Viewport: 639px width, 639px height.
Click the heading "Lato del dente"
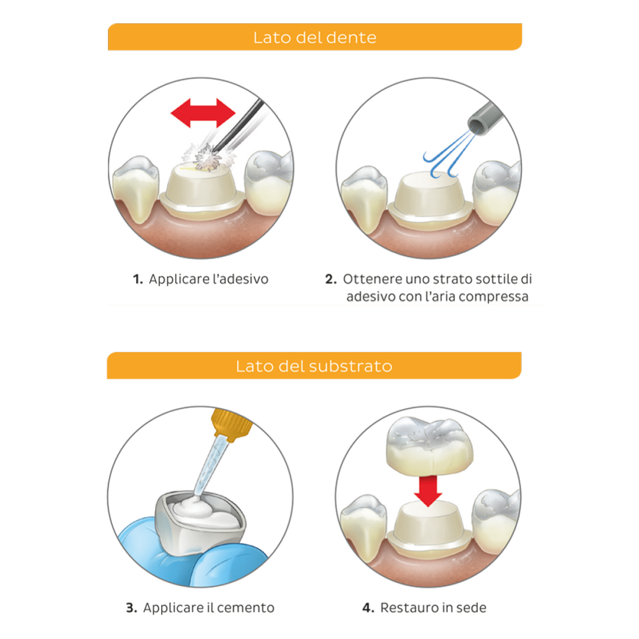tap(315, 37)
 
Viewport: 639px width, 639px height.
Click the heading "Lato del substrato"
tap(314, 366)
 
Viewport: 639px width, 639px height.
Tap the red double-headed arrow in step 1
tap(203, 113)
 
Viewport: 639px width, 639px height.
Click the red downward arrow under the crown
tap(428, 491)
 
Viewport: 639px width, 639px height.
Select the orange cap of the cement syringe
tap(231, 424)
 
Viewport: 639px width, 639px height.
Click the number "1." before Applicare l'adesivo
tap(138, 279)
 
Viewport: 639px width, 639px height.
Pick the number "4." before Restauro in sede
tap(368, 608)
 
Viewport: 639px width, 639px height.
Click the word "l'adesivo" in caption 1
tap(240, 279)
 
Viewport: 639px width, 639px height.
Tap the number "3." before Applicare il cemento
tap(131, 608)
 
